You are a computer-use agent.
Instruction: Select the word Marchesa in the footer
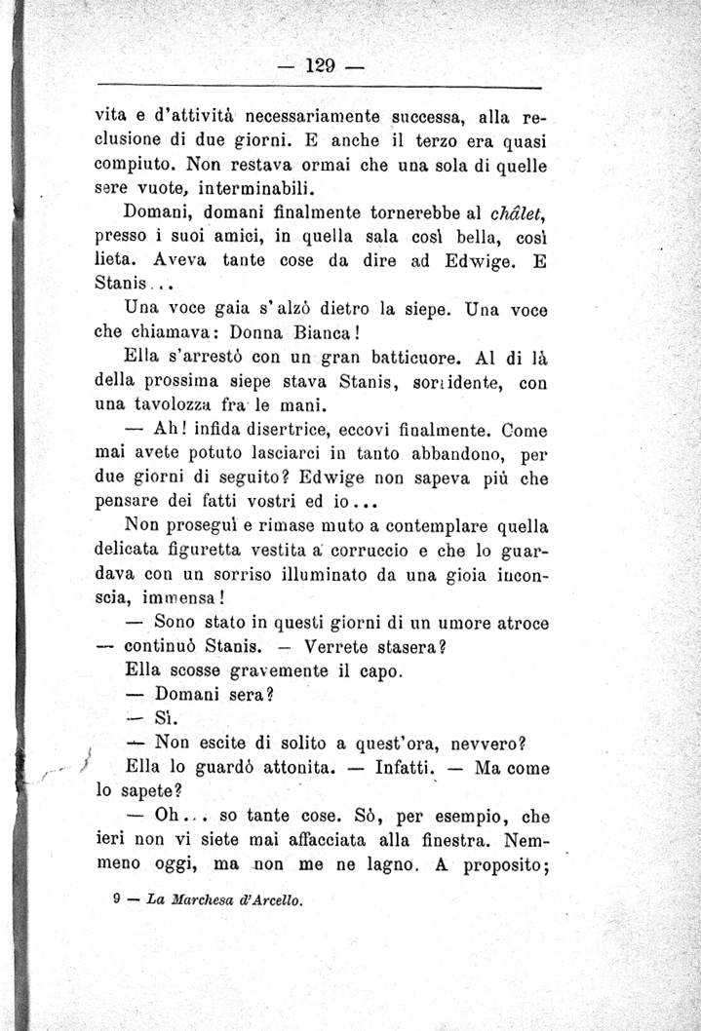tap(208, 901)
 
